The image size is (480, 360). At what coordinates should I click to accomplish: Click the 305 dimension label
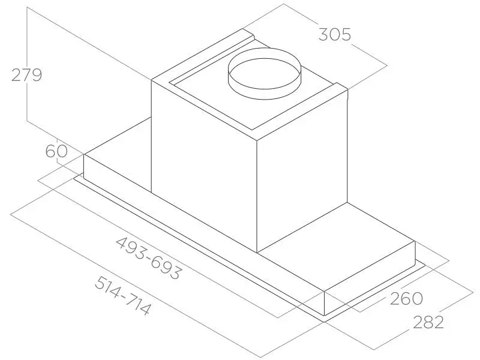(x=334, y=34)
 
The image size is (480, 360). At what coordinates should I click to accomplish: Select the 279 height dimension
(x=26, y=75)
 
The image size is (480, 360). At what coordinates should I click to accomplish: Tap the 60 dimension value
(x=56, y=151)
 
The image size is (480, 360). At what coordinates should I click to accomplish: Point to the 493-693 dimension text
(x=149, y=258)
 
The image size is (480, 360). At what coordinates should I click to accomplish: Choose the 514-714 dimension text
(x=122, y=295)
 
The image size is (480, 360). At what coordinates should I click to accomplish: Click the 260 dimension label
(x=406, y=298)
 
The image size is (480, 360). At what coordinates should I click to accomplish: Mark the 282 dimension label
(x=428, y=322)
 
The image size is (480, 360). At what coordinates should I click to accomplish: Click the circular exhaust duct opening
(x=264, y=73)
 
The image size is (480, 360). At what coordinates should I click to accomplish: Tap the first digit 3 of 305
(x=323, y=34)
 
